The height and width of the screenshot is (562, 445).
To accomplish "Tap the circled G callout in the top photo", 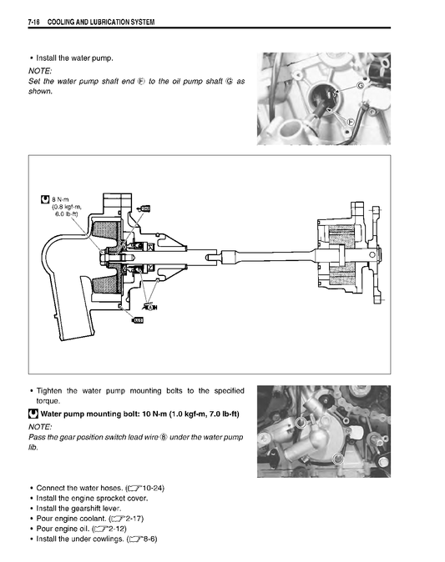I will point(360,86).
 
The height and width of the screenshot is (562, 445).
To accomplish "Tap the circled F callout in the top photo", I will point(350,121).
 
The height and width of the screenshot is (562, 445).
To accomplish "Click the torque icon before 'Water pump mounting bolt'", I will point(33,414).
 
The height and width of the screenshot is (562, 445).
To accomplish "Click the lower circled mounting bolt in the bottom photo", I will point(337,459).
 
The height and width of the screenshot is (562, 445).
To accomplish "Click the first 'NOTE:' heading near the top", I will point(40,71).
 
